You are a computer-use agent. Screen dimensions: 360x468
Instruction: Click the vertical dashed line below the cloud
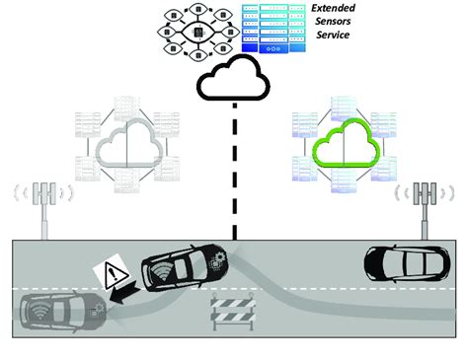pos(234,168)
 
